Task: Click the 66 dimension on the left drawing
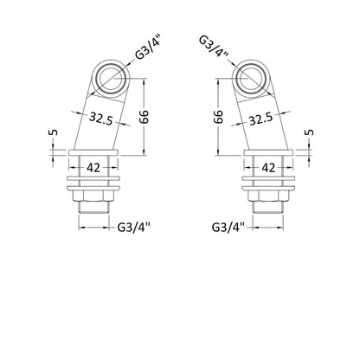coord(145,116)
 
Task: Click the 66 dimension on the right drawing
coord(219,116)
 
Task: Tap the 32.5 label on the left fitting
coord(100,119)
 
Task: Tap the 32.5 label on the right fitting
coord(261,119)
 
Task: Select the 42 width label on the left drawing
coord(93,168)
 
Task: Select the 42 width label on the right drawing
coord(268,168)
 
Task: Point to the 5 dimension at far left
coord(53,132)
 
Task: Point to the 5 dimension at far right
coord(310,132)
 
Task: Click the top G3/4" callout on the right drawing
coord(215,47)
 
